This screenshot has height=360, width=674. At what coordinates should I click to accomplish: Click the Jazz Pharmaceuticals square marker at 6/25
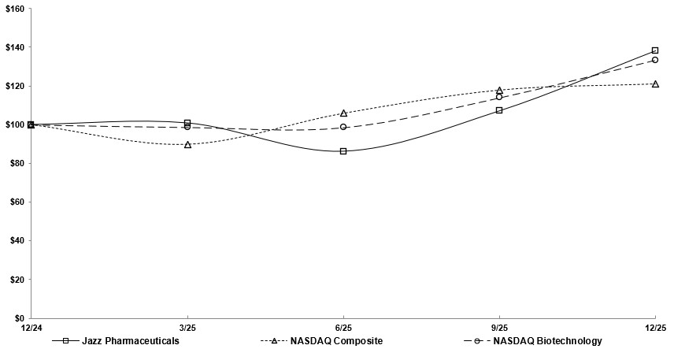coord(343,151)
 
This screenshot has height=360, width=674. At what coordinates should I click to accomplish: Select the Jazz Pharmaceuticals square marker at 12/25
coord(655,50)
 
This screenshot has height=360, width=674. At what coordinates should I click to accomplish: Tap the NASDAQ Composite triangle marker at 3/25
coord(187,145)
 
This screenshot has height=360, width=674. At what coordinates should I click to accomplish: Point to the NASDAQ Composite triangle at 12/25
coord(655,84)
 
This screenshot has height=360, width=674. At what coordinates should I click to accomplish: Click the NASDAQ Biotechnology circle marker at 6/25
coord(343,127)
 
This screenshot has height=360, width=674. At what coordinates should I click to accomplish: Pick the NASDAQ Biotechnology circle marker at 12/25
coord(655,60)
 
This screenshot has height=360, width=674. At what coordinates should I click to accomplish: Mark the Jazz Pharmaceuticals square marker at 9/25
coord(499,110)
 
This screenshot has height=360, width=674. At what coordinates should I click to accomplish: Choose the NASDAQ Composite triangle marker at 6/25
coord(343,113)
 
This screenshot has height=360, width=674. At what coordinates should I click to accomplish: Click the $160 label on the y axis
coord(14,8)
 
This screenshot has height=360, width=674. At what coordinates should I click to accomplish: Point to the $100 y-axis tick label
coord(14,124)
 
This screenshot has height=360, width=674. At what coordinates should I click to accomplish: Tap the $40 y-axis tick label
coord(16,240)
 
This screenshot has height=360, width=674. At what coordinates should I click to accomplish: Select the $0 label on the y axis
coord(18,317)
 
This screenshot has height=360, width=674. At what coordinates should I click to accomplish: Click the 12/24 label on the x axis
coord(31,328)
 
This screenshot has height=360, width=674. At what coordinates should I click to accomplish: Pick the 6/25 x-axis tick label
coord(343,328)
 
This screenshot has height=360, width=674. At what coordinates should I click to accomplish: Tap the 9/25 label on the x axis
coord(499,328)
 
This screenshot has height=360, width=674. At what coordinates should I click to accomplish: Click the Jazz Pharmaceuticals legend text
coord(130,341)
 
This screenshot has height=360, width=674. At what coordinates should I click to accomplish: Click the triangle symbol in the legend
coord(276,341)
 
